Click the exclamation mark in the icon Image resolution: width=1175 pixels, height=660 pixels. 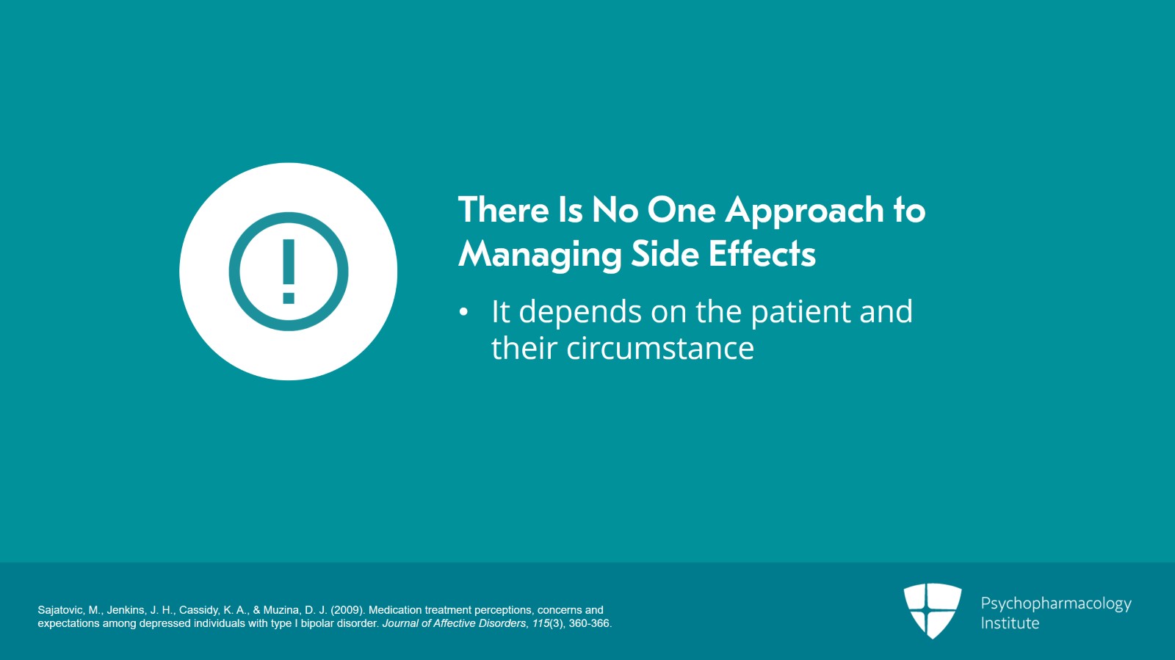pos(289,272)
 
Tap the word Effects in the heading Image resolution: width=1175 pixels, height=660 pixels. pos(762,253)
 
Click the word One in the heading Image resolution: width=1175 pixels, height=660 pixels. pos(681,210)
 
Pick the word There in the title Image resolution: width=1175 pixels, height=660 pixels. pos(504,210)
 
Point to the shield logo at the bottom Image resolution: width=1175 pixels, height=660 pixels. pos(932,610)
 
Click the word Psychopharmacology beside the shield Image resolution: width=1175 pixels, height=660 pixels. pos(1056,604)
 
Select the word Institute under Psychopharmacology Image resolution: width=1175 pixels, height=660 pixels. pos(1010,623)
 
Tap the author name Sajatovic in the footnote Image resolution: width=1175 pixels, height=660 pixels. pos(60,610)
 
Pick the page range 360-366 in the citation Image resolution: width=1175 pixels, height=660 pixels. pos(590,624)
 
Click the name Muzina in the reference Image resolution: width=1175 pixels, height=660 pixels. pos(283,610)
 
